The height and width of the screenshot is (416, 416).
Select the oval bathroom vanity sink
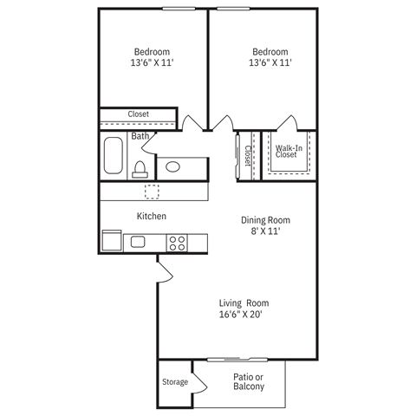(x=173, y=166)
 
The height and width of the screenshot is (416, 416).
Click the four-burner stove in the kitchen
(x=177, y=243)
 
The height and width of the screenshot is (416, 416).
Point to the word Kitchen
(x=151, y=216)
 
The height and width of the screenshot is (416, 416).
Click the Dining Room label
(x=264, y=220)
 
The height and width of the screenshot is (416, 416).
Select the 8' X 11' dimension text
(x=264, y=231)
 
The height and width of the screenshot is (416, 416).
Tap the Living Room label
(x=244, y=302)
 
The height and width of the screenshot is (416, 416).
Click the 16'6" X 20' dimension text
(x=244, y=315)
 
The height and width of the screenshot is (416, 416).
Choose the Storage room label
(x=174, y=382)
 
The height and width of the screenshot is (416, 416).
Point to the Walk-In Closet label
(x=289, y=152)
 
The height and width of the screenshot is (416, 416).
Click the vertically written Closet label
(x=248, y=155)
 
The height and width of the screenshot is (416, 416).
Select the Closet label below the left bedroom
(x=138, y=114)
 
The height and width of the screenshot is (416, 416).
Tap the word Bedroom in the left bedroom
(x=151, y=50)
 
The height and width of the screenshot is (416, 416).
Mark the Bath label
(x=140, y=136)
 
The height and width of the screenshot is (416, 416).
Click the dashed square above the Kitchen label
(x=153, y=192)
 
